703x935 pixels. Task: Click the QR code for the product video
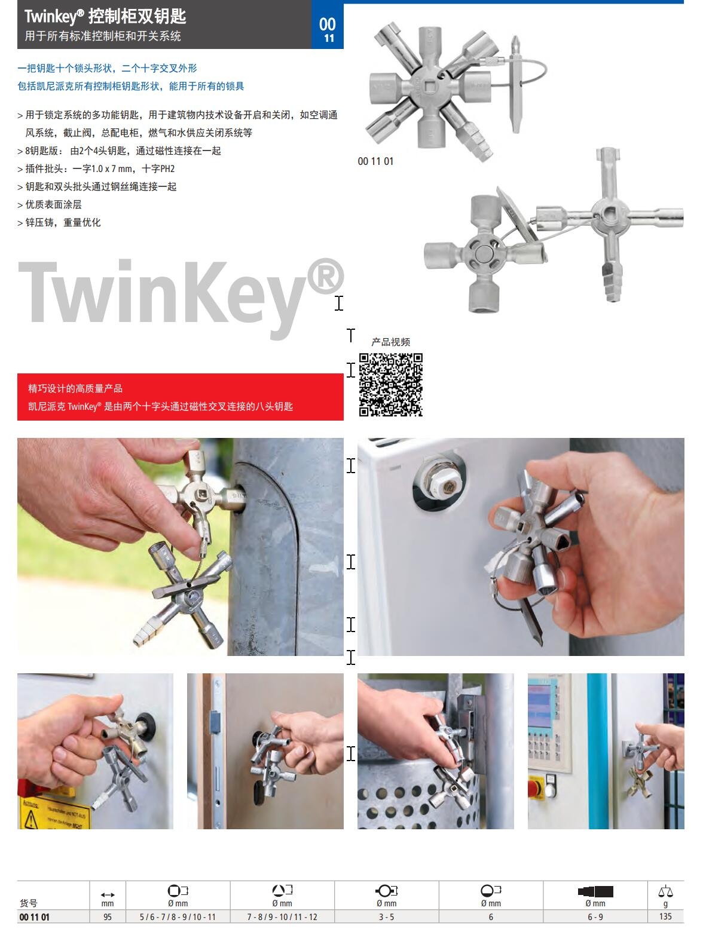(x=391, y=384)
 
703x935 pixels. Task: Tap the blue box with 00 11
(x=327, y=24)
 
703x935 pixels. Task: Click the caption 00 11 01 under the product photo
(x=375, y=161)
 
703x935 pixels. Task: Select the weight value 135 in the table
(x=665, y=916)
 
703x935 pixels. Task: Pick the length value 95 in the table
(x=108, y=916)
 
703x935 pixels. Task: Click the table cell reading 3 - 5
(x=386, y=916)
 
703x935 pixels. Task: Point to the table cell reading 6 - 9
(x=595, y=916)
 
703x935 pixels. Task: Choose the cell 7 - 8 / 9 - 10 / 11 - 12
(x=282, y=916)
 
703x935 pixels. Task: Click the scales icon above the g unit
(x=665, y=891)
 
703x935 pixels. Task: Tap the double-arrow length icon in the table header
(x=108, y=894)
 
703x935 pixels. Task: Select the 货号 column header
(x=29, y=903)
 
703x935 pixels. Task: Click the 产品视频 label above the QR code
(x=391, y=342)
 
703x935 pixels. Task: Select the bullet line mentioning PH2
(x=96, y=168)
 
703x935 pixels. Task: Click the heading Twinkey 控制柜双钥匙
(x=105, y=17)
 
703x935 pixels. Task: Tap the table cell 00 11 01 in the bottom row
(x=35, y=916)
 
